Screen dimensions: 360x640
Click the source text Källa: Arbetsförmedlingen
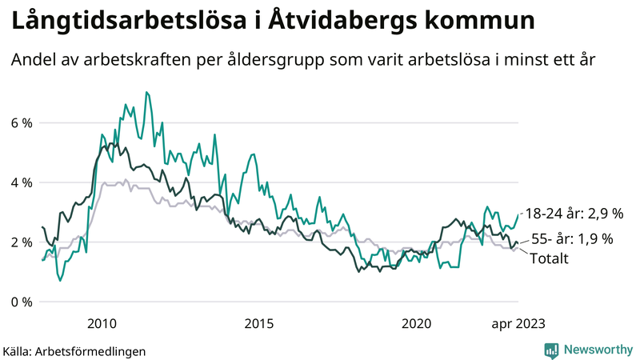(74, 350)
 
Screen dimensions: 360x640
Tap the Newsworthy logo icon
(551, 350)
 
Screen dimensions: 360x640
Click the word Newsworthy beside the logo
(598, 350)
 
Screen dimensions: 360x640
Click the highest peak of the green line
(146, 92)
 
